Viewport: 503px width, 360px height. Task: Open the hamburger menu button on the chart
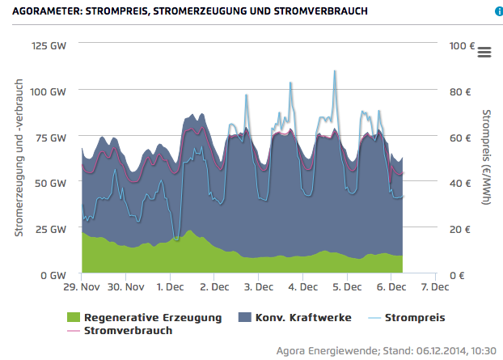click(484, 52)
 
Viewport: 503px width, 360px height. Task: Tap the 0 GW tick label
click(53, 275)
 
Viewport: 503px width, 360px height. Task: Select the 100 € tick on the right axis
click(461, 45)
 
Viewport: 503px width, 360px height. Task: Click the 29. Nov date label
click(82, 287)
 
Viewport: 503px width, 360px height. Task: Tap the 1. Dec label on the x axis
click(170, 287)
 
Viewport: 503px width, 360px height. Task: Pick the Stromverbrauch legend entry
click(128, 330)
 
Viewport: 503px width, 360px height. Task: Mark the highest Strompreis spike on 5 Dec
click(335, 71)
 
